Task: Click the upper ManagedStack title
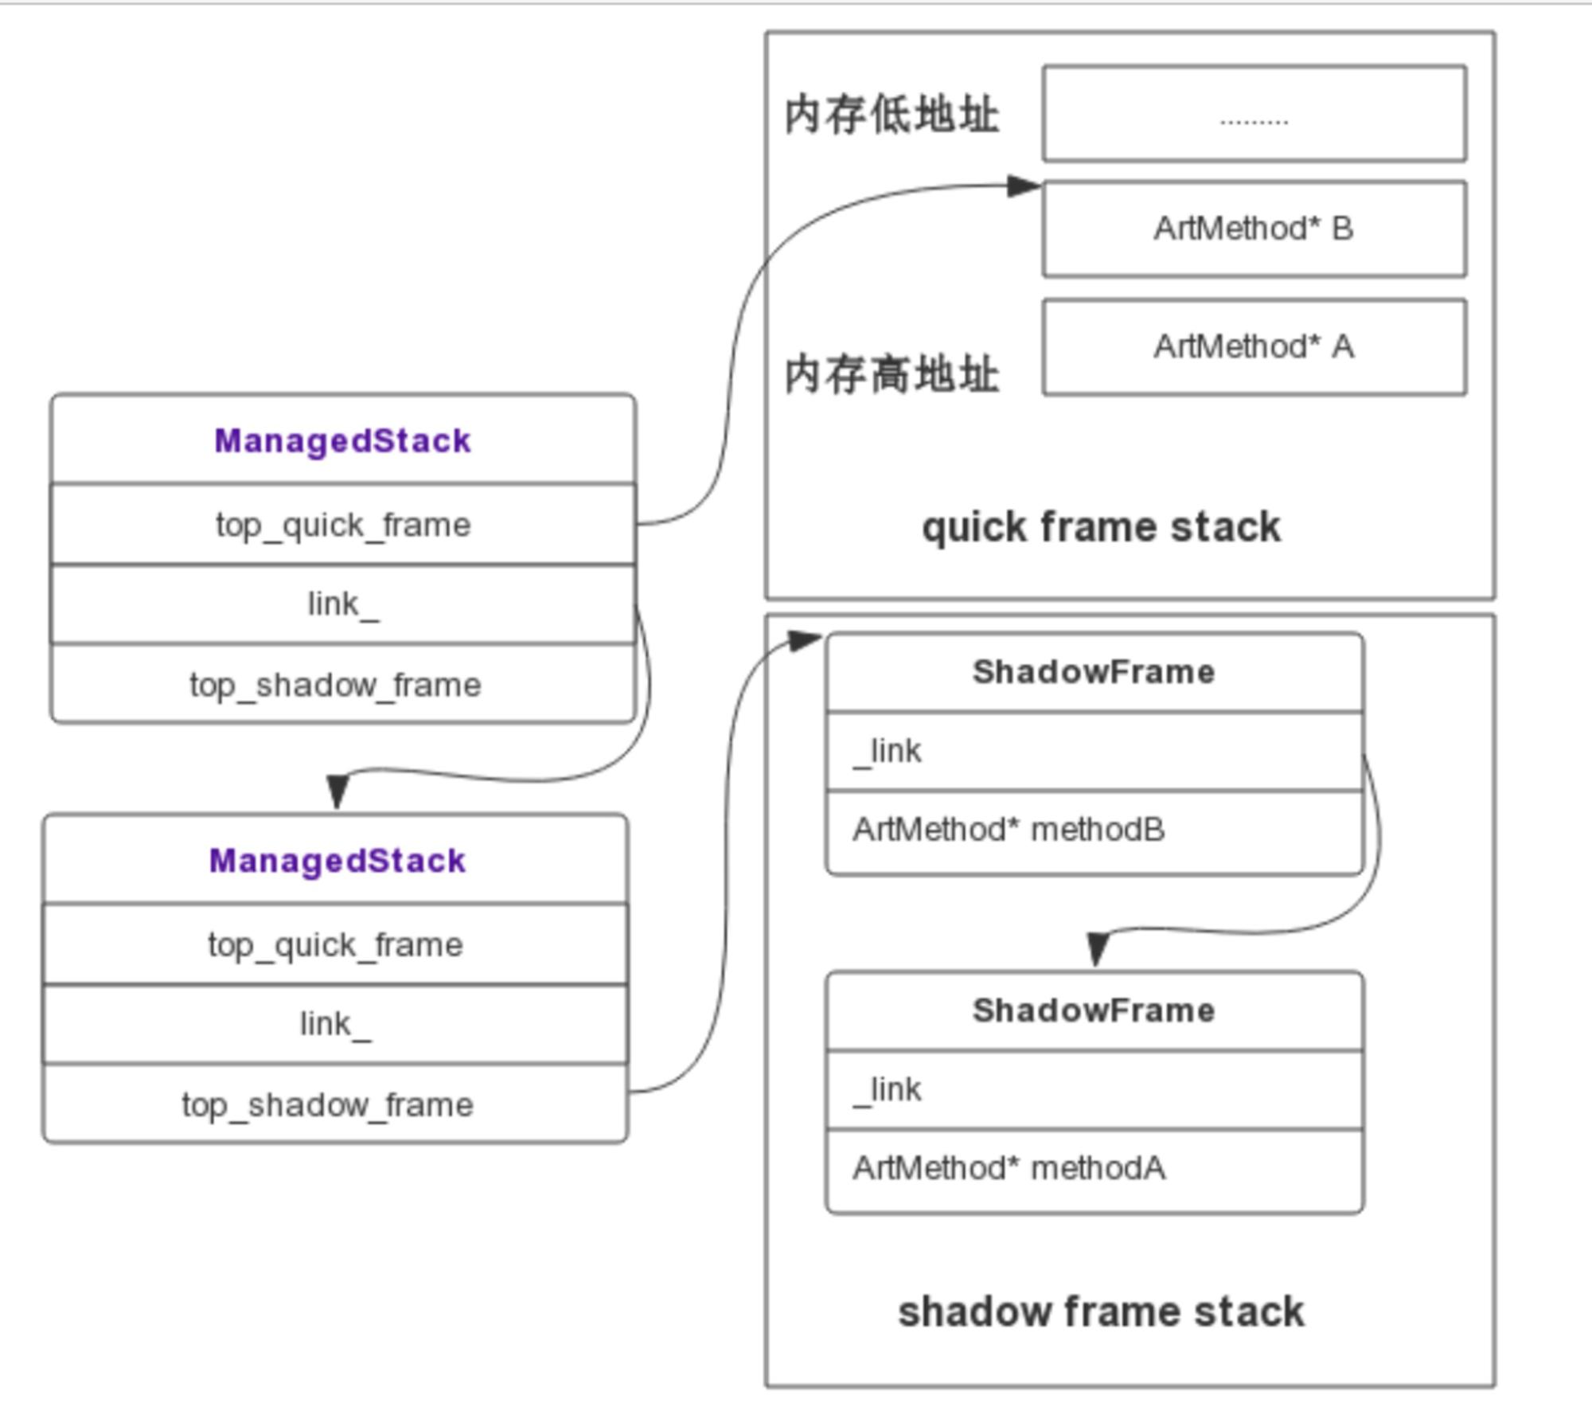[x=343, y=441]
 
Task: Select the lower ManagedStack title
[x=337, y=861]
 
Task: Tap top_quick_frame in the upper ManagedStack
[x=343, y=525]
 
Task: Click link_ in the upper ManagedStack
[x=343, y=604]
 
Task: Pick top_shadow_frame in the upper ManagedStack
[x=335, y=685]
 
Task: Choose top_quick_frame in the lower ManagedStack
[x=335, y=945]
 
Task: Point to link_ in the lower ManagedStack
[x=335, y=1024]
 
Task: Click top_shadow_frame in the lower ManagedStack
[x=327, y=1105]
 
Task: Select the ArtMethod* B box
[x=1254, y=229]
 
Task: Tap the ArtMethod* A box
[x=1254, y=347]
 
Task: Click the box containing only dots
[x=1254, y=114]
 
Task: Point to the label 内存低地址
[x=892, y=115]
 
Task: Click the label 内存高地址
[x=892, y=374]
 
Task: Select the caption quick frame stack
[x=1102, y=527]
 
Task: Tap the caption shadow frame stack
[x=1102, y=1312]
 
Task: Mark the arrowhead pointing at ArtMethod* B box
[x=1024, y=186]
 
